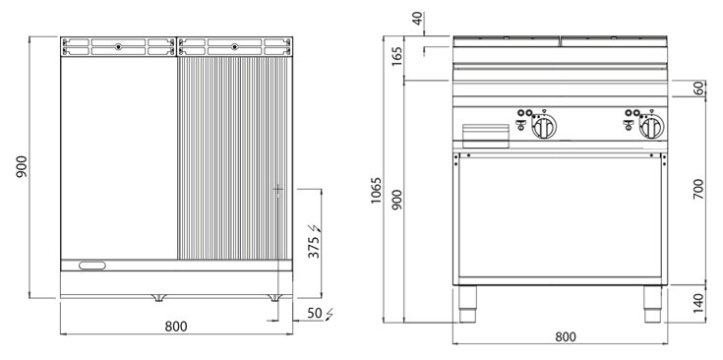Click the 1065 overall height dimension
tap(376, 191)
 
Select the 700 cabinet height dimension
tap(698, 189)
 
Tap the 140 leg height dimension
tap(698, 303)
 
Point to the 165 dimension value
tap(397, 56)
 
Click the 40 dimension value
tap(418, 19)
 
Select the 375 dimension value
tap(314, 247)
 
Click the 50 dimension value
tap(316, 314)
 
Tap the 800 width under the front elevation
tap(566, 337)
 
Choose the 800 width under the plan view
tap(176, 327)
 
